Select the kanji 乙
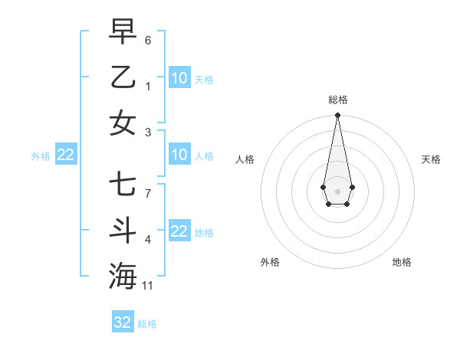point(123,77)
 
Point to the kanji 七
point(123,185)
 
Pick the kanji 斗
point(123,230)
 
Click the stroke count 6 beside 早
point(148,40)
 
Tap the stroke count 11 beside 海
point(148,286)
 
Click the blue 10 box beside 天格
point(179,77)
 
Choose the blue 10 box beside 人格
point(179,155)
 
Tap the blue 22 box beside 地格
point(179,231)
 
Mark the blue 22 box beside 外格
point(65,155)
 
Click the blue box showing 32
point(123,322)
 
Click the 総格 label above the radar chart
point(337,100)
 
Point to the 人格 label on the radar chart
point(245,159)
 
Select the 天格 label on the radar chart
point(431,159)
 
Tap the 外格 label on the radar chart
point(270,262)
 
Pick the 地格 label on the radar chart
point(402,262)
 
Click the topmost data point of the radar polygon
point(337,115)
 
